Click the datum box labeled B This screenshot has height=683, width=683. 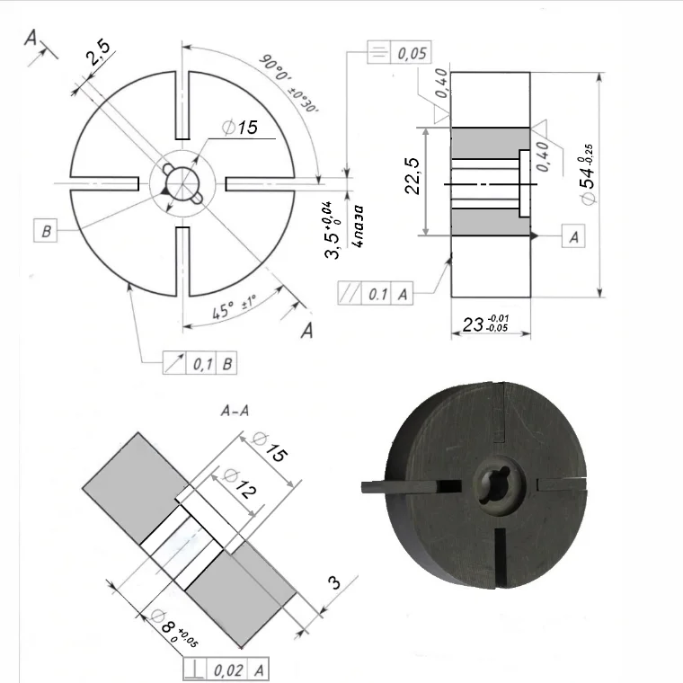click(x=46, y=232)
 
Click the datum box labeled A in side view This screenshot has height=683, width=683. click(x=572, y=235)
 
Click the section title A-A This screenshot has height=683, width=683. click(x=235, y=411)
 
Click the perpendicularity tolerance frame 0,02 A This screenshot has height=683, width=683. click(x=225, y=670)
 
